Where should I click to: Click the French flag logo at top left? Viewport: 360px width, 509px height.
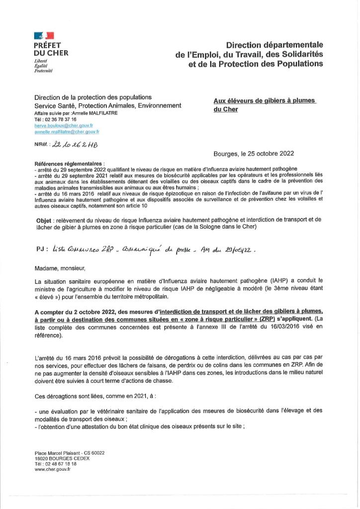click(x=44, y=36)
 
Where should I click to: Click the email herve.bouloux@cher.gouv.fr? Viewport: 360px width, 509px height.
click(x=67, y=126)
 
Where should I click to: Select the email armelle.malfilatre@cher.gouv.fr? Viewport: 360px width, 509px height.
click(x=67, y=132)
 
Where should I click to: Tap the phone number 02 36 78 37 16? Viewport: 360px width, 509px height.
click(x=60, y=120)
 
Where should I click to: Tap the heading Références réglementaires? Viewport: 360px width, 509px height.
click(x=70, y=164)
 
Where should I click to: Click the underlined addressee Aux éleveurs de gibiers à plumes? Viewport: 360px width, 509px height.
click(x=265, y=101)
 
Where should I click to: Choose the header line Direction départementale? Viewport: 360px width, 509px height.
click(x=274, y=45)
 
